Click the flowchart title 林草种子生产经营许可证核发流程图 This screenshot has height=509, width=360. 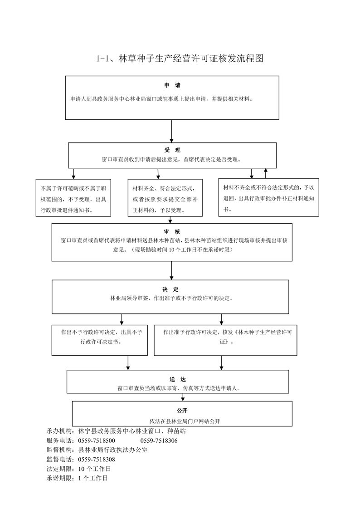(x=180, y=59)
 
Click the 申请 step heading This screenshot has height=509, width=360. (x=172, y=85)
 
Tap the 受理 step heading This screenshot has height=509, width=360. (x=172, y=150)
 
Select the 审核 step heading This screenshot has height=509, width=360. (x=172, y=232)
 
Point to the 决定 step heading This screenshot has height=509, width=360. (x=170, y=289)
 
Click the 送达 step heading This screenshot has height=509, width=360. (x=177, y=379)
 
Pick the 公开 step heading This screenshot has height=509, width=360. (x=182, y=410)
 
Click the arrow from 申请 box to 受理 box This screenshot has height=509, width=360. (x=171, y=131)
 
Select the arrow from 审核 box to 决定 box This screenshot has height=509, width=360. (x=171, y=270)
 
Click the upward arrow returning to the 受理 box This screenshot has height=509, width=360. (x=266, y=173)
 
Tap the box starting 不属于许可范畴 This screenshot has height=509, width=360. (x=73, y=198)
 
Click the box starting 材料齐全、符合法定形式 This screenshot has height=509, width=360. (x=165, y=198)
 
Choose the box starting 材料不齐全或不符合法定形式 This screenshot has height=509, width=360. (x=268, y=197)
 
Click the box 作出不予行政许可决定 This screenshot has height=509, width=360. (x=100, y=340)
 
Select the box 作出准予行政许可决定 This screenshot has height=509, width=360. (x=225, y=340)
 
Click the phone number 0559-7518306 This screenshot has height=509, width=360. (x=159, y=440)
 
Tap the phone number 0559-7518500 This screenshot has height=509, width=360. (x=97, y=440)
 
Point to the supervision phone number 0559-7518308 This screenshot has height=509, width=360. (x=97, y=460)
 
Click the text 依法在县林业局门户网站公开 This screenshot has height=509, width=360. (x=185, y=421)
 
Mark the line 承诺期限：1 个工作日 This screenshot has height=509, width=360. (x=77, y=478)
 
